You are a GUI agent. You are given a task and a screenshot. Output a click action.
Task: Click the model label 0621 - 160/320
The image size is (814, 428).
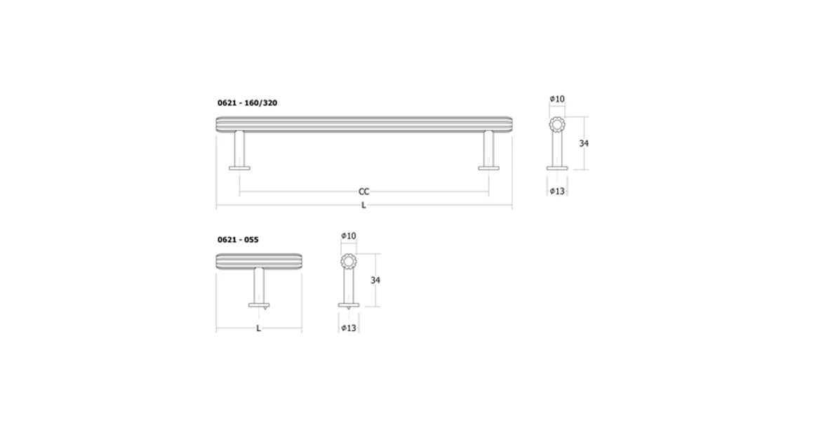click(247, 102)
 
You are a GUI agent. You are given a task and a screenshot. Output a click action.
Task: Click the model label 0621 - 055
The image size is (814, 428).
click(238, 240)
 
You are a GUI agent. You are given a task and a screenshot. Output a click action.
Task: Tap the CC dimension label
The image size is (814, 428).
click(364, 192)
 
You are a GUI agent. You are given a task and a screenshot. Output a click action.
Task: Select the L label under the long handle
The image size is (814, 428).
click(363, 206)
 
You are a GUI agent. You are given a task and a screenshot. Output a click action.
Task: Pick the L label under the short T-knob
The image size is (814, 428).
click(258, 328)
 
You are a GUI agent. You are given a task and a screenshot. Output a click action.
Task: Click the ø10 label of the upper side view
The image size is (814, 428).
click(557, 99)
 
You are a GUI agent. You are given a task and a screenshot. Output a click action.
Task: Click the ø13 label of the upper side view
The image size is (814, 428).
click(557, 192)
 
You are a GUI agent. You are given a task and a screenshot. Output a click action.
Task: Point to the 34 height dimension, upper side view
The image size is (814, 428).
click(584, 144)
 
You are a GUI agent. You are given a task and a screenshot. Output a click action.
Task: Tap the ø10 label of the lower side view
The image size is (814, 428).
click(349, 236)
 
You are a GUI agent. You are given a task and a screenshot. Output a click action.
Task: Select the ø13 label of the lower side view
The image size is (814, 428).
click(349, 328)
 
